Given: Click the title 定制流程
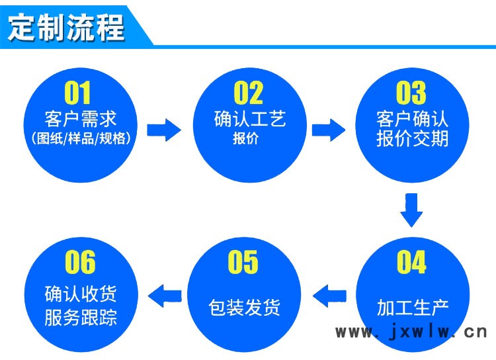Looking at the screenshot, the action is pyautogui.click(x=65, y=27).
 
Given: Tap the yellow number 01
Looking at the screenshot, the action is pyautogui.click(x=77, y=93).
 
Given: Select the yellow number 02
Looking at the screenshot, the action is pyautogui.click(x=248, y=93).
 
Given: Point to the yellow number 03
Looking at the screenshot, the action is pyautogui.click(x=411, y=93).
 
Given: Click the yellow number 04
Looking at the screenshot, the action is pyautogui.click(x=411, y=261).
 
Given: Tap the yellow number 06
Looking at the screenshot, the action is pyautogui.click(x=80, y=261).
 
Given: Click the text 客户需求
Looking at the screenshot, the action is pyautogui.click(x=81, y=119).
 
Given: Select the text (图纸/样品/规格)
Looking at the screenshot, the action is pyautogui.click(x=81, y=138).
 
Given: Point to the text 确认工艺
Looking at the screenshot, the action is pyautogui.click(x=250, y=119).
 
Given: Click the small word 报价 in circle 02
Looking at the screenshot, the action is pyautogui.click(x=246, y=138).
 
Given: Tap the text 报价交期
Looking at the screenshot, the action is pyautogui.click(x=413, y=138).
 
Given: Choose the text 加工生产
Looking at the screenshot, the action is pyautogui.click(x=413, y=308).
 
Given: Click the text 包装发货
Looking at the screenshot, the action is pyautogui.click(x=244, y=308).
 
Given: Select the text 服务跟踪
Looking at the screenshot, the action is pyautogui.click(x=81, y=317).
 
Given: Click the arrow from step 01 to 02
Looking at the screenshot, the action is pyautogui.click(x=164, y=130).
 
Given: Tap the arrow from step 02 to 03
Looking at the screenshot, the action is pyautogui.click(x=328, y=130).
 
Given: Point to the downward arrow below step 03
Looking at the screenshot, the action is pyautogui.click(x=411, y=210).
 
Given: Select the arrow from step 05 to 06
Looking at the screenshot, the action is pyautogui.click(x=165, y=296).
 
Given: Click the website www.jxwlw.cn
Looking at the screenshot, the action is pyautogui.click(x=411, y=332).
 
